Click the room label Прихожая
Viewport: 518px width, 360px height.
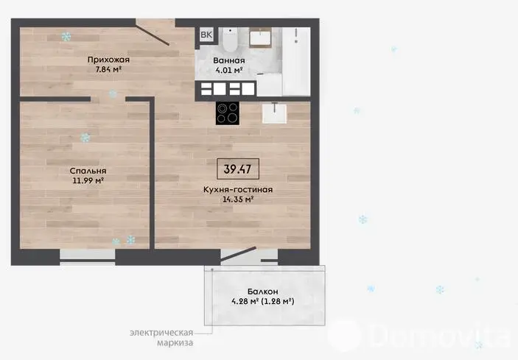click(108, 60)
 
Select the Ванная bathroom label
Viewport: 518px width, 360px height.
click(229, 60)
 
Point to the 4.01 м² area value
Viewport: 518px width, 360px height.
click(229, 70)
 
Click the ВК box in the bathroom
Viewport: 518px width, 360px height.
click(206, 35)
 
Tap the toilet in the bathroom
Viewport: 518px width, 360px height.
click(230, 40)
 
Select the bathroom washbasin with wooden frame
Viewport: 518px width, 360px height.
click(260, 38)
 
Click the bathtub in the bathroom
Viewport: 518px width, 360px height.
click(296, 61)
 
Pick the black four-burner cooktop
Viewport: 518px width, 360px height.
click(228, 113)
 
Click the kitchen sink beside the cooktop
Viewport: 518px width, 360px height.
click(275, 113)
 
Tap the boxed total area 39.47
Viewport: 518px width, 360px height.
click(238, 169)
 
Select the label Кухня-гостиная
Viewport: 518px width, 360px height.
click(238, 190)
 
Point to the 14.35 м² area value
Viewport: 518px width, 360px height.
click(238, 200)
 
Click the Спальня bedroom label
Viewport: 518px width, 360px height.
click(88, 171)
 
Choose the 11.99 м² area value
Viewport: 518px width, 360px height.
click(88, 180)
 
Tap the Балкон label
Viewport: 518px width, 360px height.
click(263, 292)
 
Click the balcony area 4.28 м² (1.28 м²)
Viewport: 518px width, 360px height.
click(263, 301)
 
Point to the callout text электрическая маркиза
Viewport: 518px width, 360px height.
click(161, 338)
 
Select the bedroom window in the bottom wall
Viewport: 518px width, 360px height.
click(88, 257)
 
